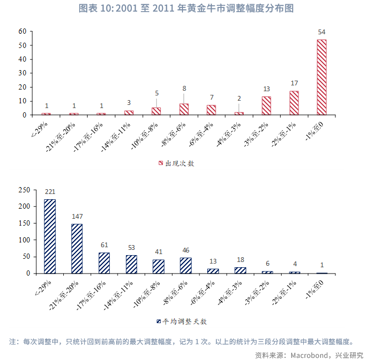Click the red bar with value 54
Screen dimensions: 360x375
pos(322,77)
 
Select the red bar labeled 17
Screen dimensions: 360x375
pos(294,103)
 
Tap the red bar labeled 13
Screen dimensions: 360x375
pos(266,105)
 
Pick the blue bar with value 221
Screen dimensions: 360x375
pos(50,236)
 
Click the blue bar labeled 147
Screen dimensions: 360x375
pos(77,249)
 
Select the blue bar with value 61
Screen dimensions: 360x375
pos(104,263)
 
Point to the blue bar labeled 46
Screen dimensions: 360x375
pos(186,266)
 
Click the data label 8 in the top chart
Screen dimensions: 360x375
pos(184,89)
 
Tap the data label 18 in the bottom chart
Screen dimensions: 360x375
pos(241,260)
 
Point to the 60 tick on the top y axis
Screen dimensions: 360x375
pos(22,31)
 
